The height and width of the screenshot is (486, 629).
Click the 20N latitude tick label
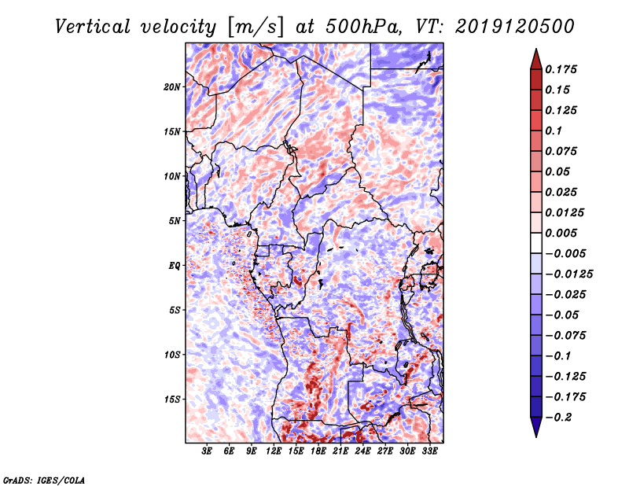[x=172, y=87]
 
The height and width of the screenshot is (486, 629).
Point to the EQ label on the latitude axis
[x=175, y=266]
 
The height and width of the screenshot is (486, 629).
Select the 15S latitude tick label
[x=172, y=399]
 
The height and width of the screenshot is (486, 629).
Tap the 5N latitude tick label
[x=175, y=221]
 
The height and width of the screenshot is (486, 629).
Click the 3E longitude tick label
[x=208, y=452]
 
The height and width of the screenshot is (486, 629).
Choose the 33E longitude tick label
[x=429, y=452]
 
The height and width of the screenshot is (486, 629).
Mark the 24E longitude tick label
[x=362, y=452]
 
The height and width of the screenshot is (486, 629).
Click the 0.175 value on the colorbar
[x=563, y=69]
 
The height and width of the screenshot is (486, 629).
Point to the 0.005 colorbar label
[x=563, y=233]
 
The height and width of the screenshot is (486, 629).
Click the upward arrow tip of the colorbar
[x=535, y=50]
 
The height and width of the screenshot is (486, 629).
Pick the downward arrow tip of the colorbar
[x=535, y=435]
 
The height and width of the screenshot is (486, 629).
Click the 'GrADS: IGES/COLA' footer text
[x=43, y=479]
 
